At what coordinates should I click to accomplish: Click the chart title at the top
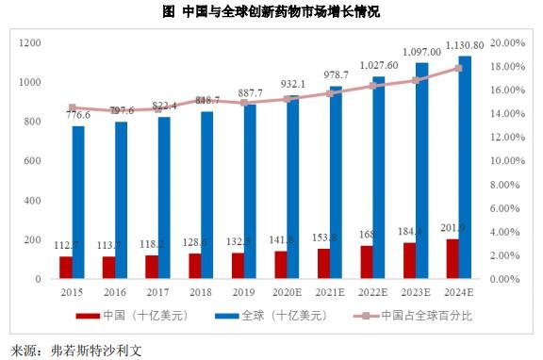coord(271,12)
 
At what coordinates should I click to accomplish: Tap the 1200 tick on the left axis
coord(28,43)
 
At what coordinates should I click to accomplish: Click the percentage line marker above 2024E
coord(459,68)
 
